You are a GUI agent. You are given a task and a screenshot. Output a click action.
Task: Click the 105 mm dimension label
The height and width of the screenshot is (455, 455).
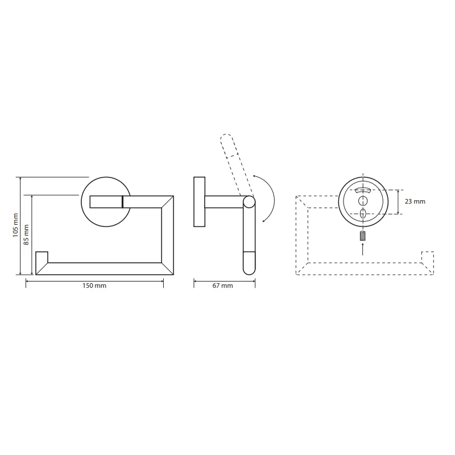point(16,225)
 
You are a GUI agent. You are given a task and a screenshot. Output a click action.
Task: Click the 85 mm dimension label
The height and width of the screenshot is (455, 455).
point(26,235)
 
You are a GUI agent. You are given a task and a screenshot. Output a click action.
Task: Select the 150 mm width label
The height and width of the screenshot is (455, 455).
point(94,286)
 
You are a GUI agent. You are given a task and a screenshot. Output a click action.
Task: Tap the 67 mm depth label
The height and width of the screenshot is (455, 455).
point(222,286)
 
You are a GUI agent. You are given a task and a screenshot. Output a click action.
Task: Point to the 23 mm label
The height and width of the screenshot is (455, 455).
point(415,201)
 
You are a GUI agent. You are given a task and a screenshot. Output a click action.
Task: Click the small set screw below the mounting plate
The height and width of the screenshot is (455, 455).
point(362,235)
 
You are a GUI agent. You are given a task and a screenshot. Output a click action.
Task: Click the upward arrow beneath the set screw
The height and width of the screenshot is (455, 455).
point(362,249)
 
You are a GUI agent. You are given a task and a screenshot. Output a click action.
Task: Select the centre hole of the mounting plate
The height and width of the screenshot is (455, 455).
point(363,201)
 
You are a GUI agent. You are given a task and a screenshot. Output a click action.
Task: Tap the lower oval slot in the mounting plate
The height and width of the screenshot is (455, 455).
point(363,213)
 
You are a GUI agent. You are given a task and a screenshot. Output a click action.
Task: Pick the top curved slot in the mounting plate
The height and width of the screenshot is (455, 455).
point(363,190)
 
